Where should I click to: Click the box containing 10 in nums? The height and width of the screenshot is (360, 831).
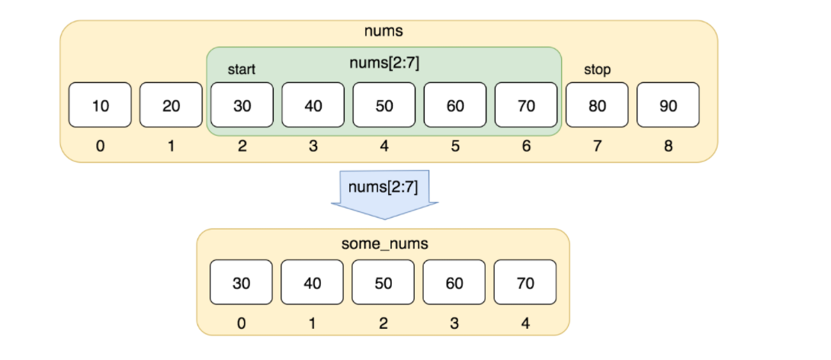click(x=100, y=105)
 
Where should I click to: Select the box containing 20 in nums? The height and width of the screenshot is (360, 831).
click(x=171, y=105)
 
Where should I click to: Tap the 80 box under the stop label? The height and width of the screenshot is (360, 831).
click(x=597, y=105)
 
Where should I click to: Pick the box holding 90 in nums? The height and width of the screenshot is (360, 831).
click(x=668, y=105)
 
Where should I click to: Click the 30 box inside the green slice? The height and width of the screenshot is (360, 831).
click(x=242, y=105)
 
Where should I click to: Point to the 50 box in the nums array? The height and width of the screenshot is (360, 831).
click(x=384, y=105)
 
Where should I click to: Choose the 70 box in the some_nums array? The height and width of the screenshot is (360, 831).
click(x=525, y=283)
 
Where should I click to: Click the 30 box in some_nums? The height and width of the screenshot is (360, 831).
click(x=241, y=283)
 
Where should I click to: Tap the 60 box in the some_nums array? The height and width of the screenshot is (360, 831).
click(x=454, y=283)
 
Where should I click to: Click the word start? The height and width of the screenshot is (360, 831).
click(x=242, y=70)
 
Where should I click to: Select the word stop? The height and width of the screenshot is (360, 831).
click(x=597, y=70)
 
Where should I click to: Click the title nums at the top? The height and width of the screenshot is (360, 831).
click(x=384, y=32)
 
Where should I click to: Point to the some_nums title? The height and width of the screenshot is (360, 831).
click(x=383, y=243)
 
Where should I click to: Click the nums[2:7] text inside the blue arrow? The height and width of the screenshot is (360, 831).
click(x=383, y=187)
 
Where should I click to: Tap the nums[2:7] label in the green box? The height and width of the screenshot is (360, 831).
click(x=384, y=63)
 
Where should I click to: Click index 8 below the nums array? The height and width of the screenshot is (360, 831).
click(x=668, y=146)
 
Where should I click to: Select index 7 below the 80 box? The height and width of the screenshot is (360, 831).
click(x=597, y=146)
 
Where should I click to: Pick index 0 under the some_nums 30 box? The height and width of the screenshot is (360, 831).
click(x=241, y=323)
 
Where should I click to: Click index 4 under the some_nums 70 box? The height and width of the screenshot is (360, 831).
click(x=525, y=323)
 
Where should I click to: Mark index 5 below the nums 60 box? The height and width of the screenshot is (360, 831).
click(x=455, y=146)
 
